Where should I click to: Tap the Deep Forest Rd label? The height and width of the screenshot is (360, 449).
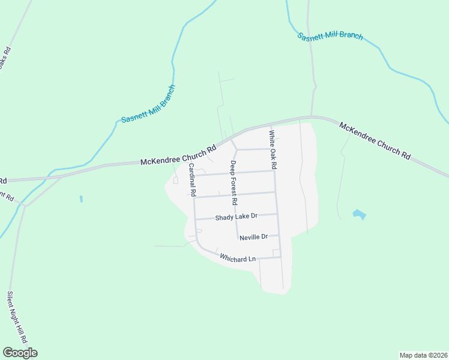(234, 179)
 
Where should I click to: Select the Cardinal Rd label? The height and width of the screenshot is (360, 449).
(192, 181)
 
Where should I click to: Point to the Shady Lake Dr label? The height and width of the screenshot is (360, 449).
(236, 216)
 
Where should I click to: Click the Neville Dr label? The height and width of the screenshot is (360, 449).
(253, 238)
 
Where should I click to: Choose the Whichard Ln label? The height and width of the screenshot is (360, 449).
(238, 258)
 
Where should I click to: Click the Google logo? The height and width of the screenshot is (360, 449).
(20, 353)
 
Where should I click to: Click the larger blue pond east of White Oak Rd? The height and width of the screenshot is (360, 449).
(358, 214)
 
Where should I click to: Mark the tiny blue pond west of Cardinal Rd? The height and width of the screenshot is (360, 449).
(80, 198)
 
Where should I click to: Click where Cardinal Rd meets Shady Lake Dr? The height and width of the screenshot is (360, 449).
(194, 219)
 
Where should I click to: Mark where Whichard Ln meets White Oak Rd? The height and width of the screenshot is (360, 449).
(280, 257)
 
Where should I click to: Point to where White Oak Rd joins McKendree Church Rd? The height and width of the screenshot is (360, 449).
(269, 125)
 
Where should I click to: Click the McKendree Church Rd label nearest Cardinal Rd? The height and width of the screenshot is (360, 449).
(178, 155)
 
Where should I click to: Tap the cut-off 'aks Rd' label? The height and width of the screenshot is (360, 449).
(5, 58)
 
